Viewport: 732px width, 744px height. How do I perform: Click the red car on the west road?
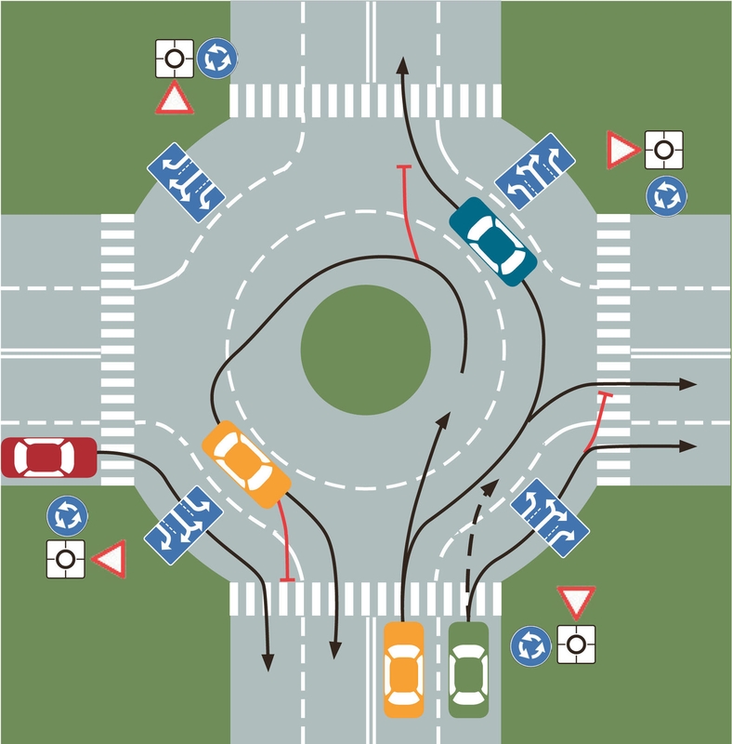(x=48, y=458)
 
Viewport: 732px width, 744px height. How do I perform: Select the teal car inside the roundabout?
(x=492, y=240)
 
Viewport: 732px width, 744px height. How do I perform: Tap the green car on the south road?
(x=468, y=669)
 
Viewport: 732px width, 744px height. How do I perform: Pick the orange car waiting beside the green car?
(x=404, y=669)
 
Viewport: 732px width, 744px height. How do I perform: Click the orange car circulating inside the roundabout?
(x=245, y=463)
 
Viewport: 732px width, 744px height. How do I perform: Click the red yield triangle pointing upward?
(x=174, y=98)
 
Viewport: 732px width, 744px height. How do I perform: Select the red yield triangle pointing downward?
(x=576, y=603)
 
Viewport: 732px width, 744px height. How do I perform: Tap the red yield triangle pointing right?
(x=621, y=149)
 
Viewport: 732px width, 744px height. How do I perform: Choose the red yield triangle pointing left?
(x=108, y=559)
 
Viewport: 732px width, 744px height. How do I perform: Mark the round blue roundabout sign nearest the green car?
(x=531, y=644)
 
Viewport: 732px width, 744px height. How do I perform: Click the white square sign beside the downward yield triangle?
(x=576, y=644)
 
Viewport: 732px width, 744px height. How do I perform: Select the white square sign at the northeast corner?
(x=665, y=149)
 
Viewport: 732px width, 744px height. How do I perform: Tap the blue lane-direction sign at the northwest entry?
(x=186, y=176)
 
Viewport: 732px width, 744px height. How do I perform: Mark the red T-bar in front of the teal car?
(x=403, y=167)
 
